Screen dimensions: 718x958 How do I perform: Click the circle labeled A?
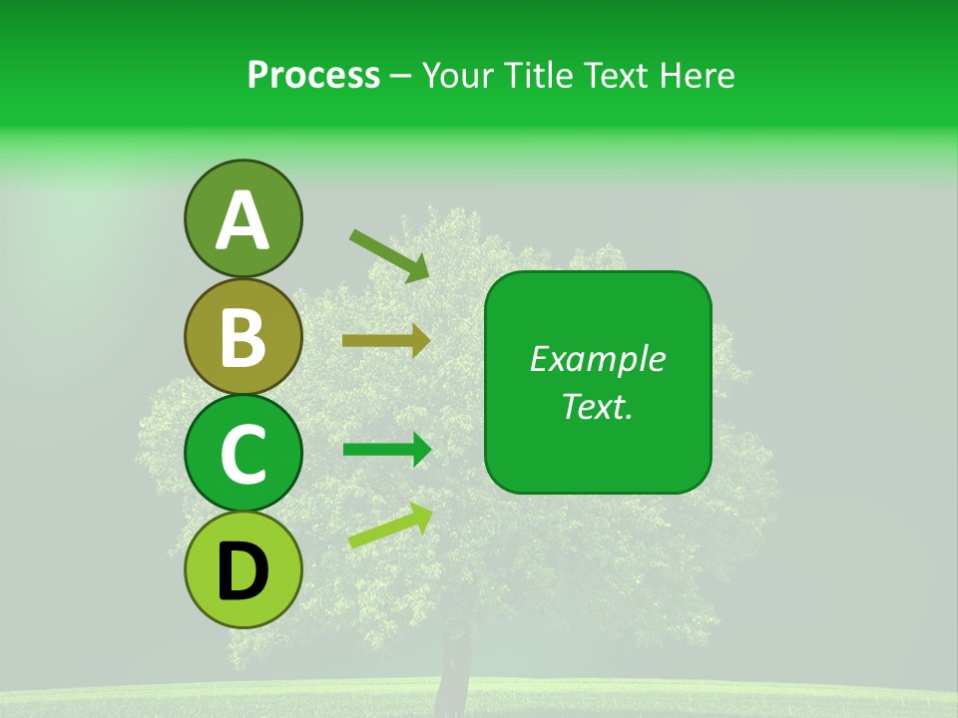(x=242, y=218)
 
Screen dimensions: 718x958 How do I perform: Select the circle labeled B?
(x=242, y=336)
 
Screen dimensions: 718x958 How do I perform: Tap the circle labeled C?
(x=242, y=453)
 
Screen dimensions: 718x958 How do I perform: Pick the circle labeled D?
(x=242, y=569)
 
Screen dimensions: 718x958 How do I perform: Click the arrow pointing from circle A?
(x=389, y=255)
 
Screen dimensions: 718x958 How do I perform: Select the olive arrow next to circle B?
(x=386, y=341)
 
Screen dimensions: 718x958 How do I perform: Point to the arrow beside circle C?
(x=386, y=450)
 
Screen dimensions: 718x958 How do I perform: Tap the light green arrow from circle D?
(x=390, y=526)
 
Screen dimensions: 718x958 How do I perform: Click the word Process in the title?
(x=313, y=75)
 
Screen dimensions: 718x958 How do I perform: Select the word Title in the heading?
(x=537, y=75)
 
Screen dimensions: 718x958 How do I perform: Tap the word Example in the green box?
(x=597, y=359)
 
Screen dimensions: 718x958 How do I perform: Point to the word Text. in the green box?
(x=597, y=406)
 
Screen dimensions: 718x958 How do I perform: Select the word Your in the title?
(x=458, y=75)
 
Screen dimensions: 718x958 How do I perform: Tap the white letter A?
(x=242, y=220)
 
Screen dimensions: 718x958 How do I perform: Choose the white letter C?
(x=242, y=455)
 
